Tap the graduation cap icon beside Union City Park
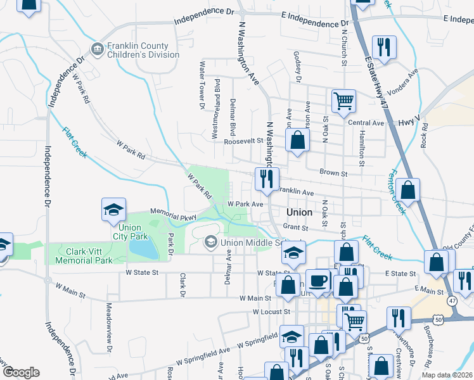114,210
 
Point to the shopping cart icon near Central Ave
343,100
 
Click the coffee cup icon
317,280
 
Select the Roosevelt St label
243,142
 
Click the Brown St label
333,172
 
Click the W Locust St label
271,312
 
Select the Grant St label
295,227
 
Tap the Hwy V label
409,118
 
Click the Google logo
21,372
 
